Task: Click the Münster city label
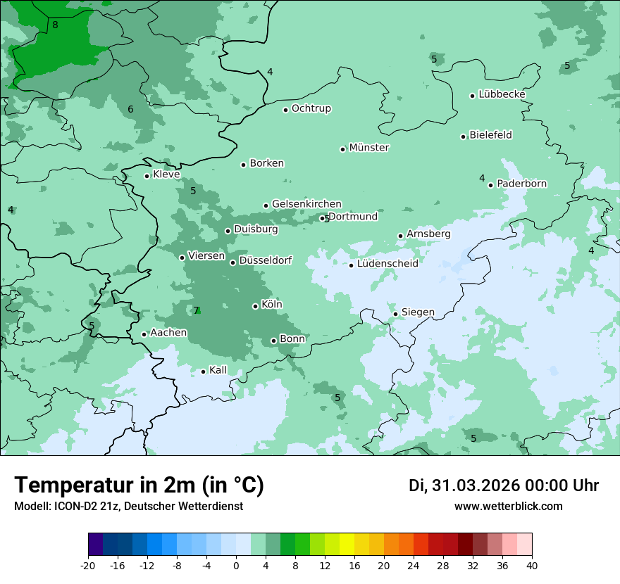pyautogui.click(x=369, y=148)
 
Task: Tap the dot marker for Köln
pyautogui.click(x=256, y=306)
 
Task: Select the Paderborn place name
pyautogui.click(x=521, y=184)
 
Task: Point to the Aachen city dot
pyautogui.click(x=144, y=334)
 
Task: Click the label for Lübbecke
pyautogui.click(x=502, y=94)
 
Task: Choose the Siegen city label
pyautogui.click(x=418, y=312)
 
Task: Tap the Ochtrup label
pyautogui.click(x=311, y=108)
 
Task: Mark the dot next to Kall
pyautogui.click(x=204, y=372)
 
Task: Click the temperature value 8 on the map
pyautogui.click(x=55, y=25)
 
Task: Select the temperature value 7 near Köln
pyautogui.click(x=197, y=310)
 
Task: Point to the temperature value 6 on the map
pyautogui.click(x=130, y=109)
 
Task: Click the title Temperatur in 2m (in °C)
pyautogui.click(x=139, y=485)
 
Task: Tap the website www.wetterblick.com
pyautogui.click(x=508, y=506)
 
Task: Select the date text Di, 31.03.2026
pyautogui.click(x=464, y=485)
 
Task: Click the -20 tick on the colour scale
pyautogui.click(x=88, y=565)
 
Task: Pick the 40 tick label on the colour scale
pyautogui.click(x=532, y=565)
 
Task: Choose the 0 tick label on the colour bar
pyautogui.click(x=236, y=565)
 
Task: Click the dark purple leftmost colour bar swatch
pyautogui.click(x=95, y=544)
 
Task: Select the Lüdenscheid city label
pyautogui.click(x=387, y=264)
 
